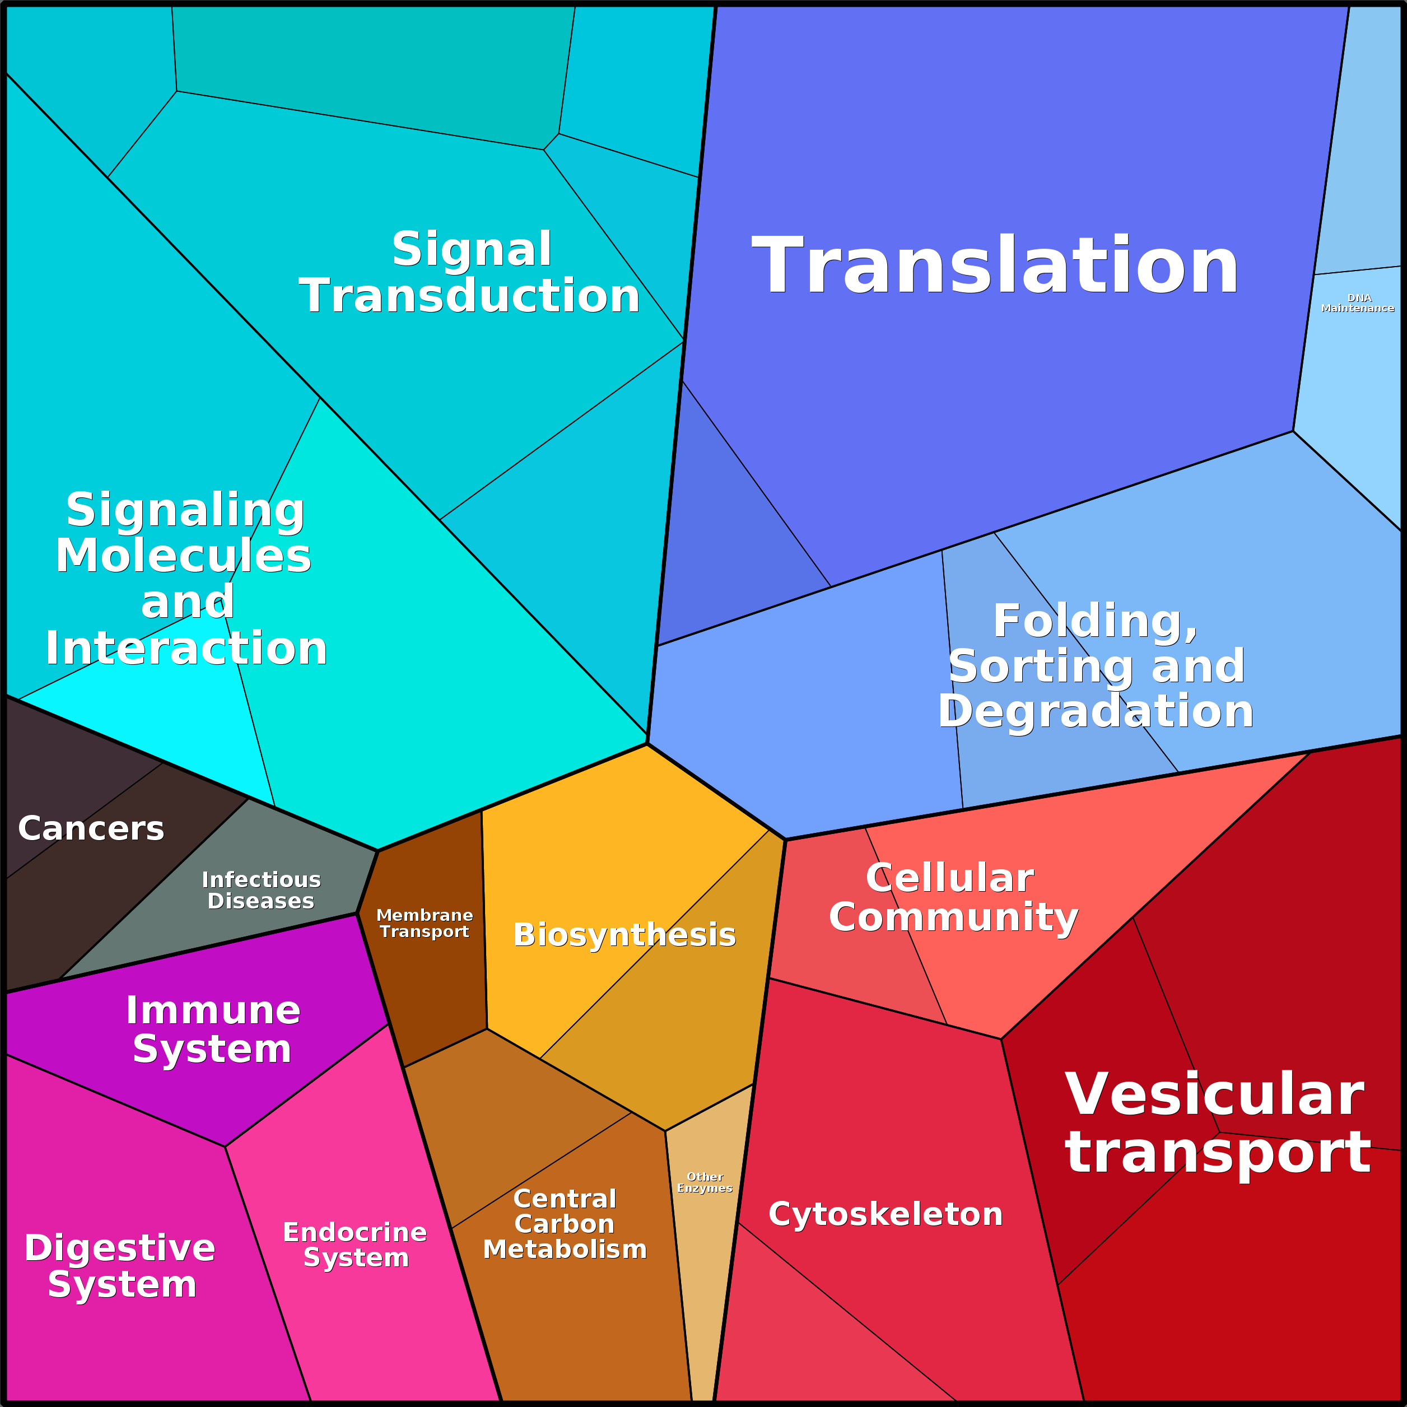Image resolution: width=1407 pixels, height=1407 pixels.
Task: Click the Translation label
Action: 995,266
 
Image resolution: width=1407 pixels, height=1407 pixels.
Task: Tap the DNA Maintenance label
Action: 1358,303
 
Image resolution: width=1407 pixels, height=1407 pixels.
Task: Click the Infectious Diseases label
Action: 260,890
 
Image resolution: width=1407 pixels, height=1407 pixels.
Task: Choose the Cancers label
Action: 91,829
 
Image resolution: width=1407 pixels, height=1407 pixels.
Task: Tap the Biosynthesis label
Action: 624,934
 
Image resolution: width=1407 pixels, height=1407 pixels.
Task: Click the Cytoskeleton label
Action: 885,1214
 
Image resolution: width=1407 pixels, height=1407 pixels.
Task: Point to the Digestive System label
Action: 120,1266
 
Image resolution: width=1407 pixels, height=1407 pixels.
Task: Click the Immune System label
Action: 213,1029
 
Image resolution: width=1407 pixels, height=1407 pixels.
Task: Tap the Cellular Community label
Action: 953,897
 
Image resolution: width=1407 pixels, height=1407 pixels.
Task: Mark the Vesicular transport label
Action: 1218,1123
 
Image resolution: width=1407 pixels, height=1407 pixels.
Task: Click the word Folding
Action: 1094,621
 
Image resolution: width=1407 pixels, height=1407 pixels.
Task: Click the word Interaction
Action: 187,648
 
